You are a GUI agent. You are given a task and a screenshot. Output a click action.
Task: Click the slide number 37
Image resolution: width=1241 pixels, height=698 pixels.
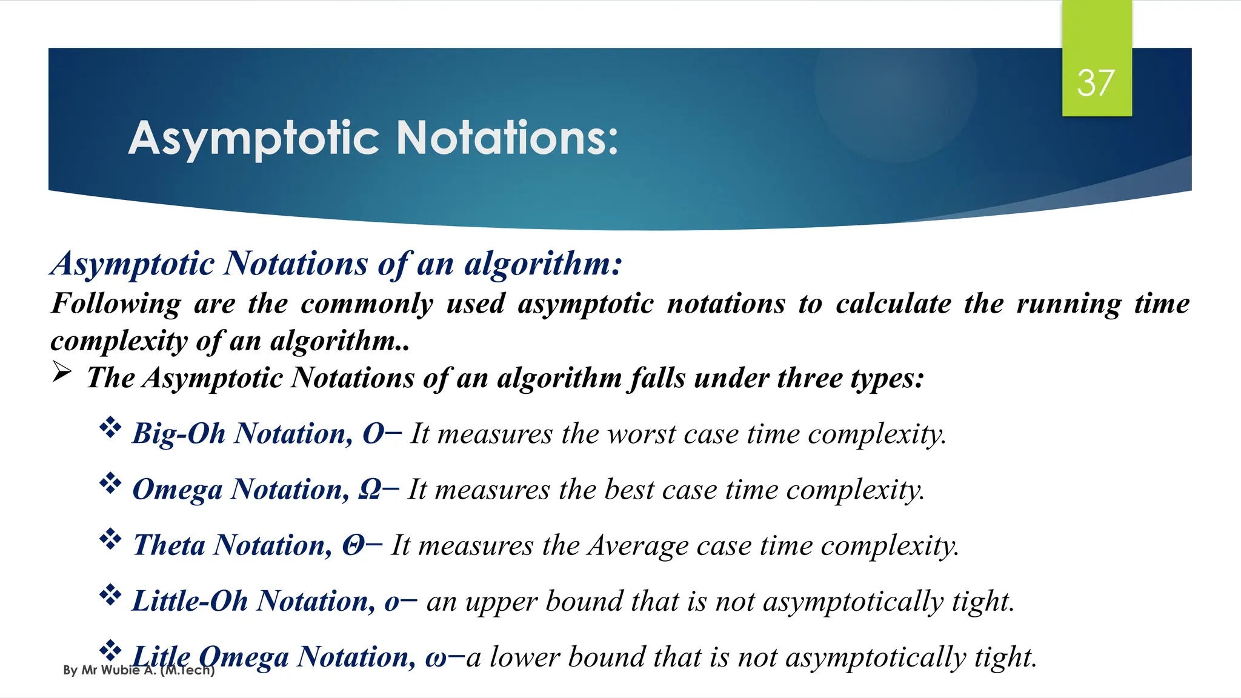pyautogui.click(x=1096, y=83)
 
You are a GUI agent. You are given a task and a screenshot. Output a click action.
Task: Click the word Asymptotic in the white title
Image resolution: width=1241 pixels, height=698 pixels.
pyautogui.click(x=254, y=139)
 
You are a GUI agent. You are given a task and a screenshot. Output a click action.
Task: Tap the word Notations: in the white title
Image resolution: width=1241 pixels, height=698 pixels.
pyautogui.click(x=507, y=139)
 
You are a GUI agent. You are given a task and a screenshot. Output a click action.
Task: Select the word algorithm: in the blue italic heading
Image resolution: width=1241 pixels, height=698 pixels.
pyautogui.click(x=543, y=264)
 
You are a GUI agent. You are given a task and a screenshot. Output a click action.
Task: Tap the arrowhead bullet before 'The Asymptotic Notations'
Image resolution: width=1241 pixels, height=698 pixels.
pyautogui.click(x=62, y=372)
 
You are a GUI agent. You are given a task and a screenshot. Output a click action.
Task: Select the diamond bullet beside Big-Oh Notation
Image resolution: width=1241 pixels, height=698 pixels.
pyautogui.click(x=110, y=428)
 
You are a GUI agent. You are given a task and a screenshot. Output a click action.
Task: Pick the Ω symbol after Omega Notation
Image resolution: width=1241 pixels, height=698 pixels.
pyautogui.click(x=369, y=490)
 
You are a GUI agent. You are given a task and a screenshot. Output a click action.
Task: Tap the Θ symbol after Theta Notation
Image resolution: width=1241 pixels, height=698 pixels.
pyautogui.click(x=353, y=545)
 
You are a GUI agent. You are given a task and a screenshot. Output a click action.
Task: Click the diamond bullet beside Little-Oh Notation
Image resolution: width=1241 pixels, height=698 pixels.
pyautogui.click(x=110, y=595)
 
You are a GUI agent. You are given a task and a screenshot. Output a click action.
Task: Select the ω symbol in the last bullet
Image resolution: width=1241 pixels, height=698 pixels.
pyautogui.click(x=436, y=658)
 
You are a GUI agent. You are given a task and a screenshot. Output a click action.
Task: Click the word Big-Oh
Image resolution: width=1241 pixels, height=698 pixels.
pyautogui.click(x=179, y=434)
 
